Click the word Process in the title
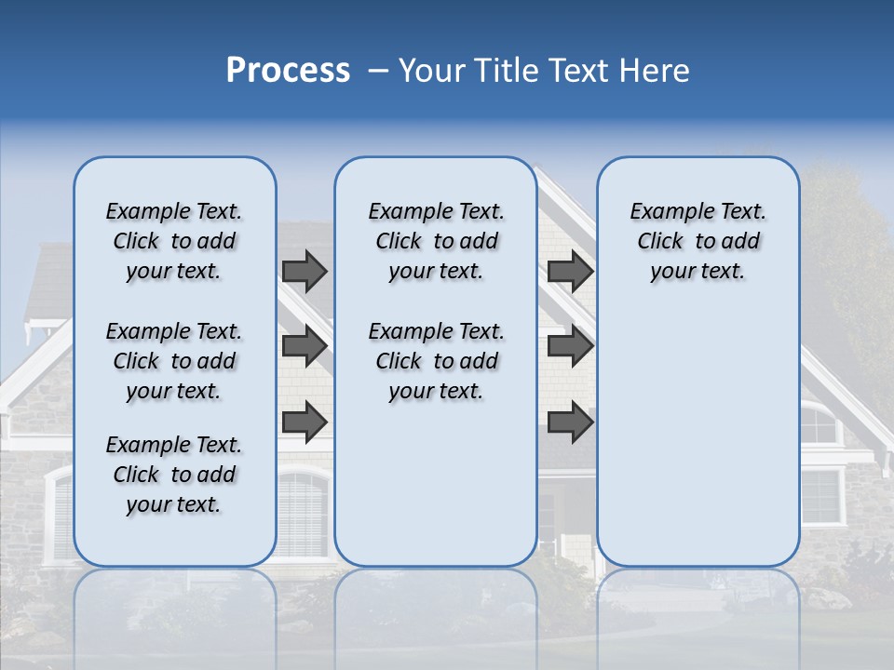[x=288, y=70]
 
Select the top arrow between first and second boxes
[x=305, y=272]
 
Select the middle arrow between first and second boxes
[x=305, y=346]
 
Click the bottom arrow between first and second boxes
[x=305, y=422]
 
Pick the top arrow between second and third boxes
[x=571, y=272]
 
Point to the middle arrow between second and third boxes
[x=571, y=346]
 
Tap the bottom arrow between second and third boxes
[x=571, y=422]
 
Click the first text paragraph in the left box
[x=174, y=241]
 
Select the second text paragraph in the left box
[x=174, y=361]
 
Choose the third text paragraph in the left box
[x=174, y=475]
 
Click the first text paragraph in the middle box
[x=436, y=241]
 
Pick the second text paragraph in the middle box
[x=436, y=361]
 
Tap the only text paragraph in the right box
[x=698, y=241]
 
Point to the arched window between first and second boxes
[x=304, y=512]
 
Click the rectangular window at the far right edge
[x=821, y=496]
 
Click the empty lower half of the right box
[x=698, y=447]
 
